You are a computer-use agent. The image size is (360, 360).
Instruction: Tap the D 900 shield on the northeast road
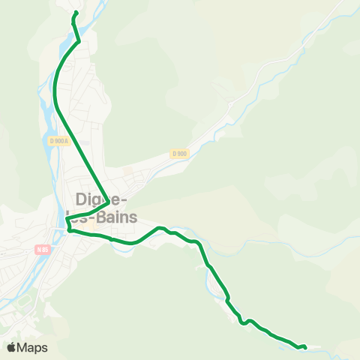178,154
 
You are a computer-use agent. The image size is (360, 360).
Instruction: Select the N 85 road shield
40,249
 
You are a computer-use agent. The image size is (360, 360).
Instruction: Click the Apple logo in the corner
12,347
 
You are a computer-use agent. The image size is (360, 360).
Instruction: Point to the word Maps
33,348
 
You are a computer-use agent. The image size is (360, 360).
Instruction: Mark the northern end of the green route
75,13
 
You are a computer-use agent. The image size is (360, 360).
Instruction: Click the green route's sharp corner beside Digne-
110,202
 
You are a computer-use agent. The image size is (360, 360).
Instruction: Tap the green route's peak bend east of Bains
159,227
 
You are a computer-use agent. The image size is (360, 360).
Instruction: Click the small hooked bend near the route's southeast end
241,321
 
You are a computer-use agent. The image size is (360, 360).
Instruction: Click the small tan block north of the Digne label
127,172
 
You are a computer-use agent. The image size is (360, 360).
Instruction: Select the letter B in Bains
97,217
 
